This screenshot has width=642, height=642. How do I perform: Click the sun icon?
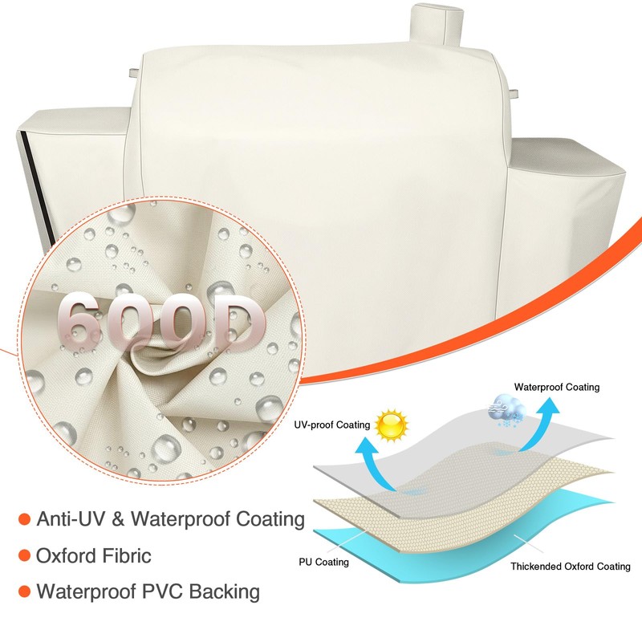click(392, 425)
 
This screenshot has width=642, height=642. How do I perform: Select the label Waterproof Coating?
click(557, 387)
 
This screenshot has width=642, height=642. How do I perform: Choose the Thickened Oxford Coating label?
click(571, 566)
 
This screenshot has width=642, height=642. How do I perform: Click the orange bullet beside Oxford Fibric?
click(24, 555)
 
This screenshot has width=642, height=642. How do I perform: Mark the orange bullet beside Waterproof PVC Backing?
click(24, 592)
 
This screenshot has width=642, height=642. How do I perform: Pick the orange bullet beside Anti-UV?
click(24, 518)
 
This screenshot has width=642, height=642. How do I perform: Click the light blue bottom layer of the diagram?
click(449, 554)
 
